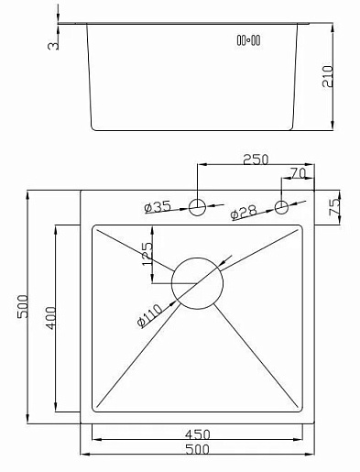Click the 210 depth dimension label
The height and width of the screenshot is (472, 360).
click(x=327, y=76)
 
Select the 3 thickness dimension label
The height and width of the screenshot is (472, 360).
click(x=53, y=46)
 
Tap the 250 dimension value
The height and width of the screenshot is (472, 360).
click(x=256, y=159)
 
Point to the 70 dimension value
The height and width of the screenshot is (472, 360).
click(x=298, y=173)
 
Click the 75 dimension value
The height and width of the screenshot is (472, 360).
click(x=334, y=207)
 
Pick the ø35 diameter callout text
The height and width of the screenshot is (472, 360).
click(x=158, y=207)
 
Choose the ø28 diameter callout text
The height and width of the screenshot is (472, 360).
click(x=244, y=212)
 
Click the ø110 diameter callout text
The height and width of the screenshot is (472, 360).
click(x=149, y=315)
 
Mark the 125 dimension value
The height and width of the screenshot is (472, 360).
click(x=147, y=254)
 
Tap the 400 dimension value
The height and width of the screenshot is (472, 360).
click(x=50, y=318)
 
